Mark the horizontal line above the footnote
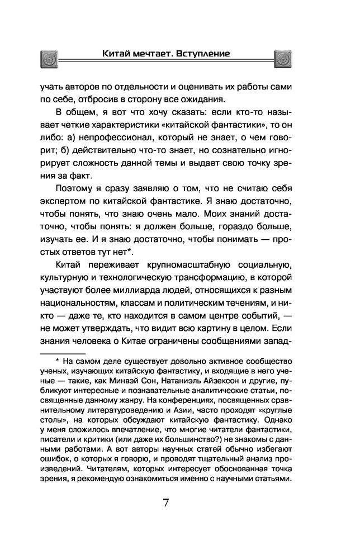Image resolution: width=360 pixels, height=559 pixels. [x=61, y=354]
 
